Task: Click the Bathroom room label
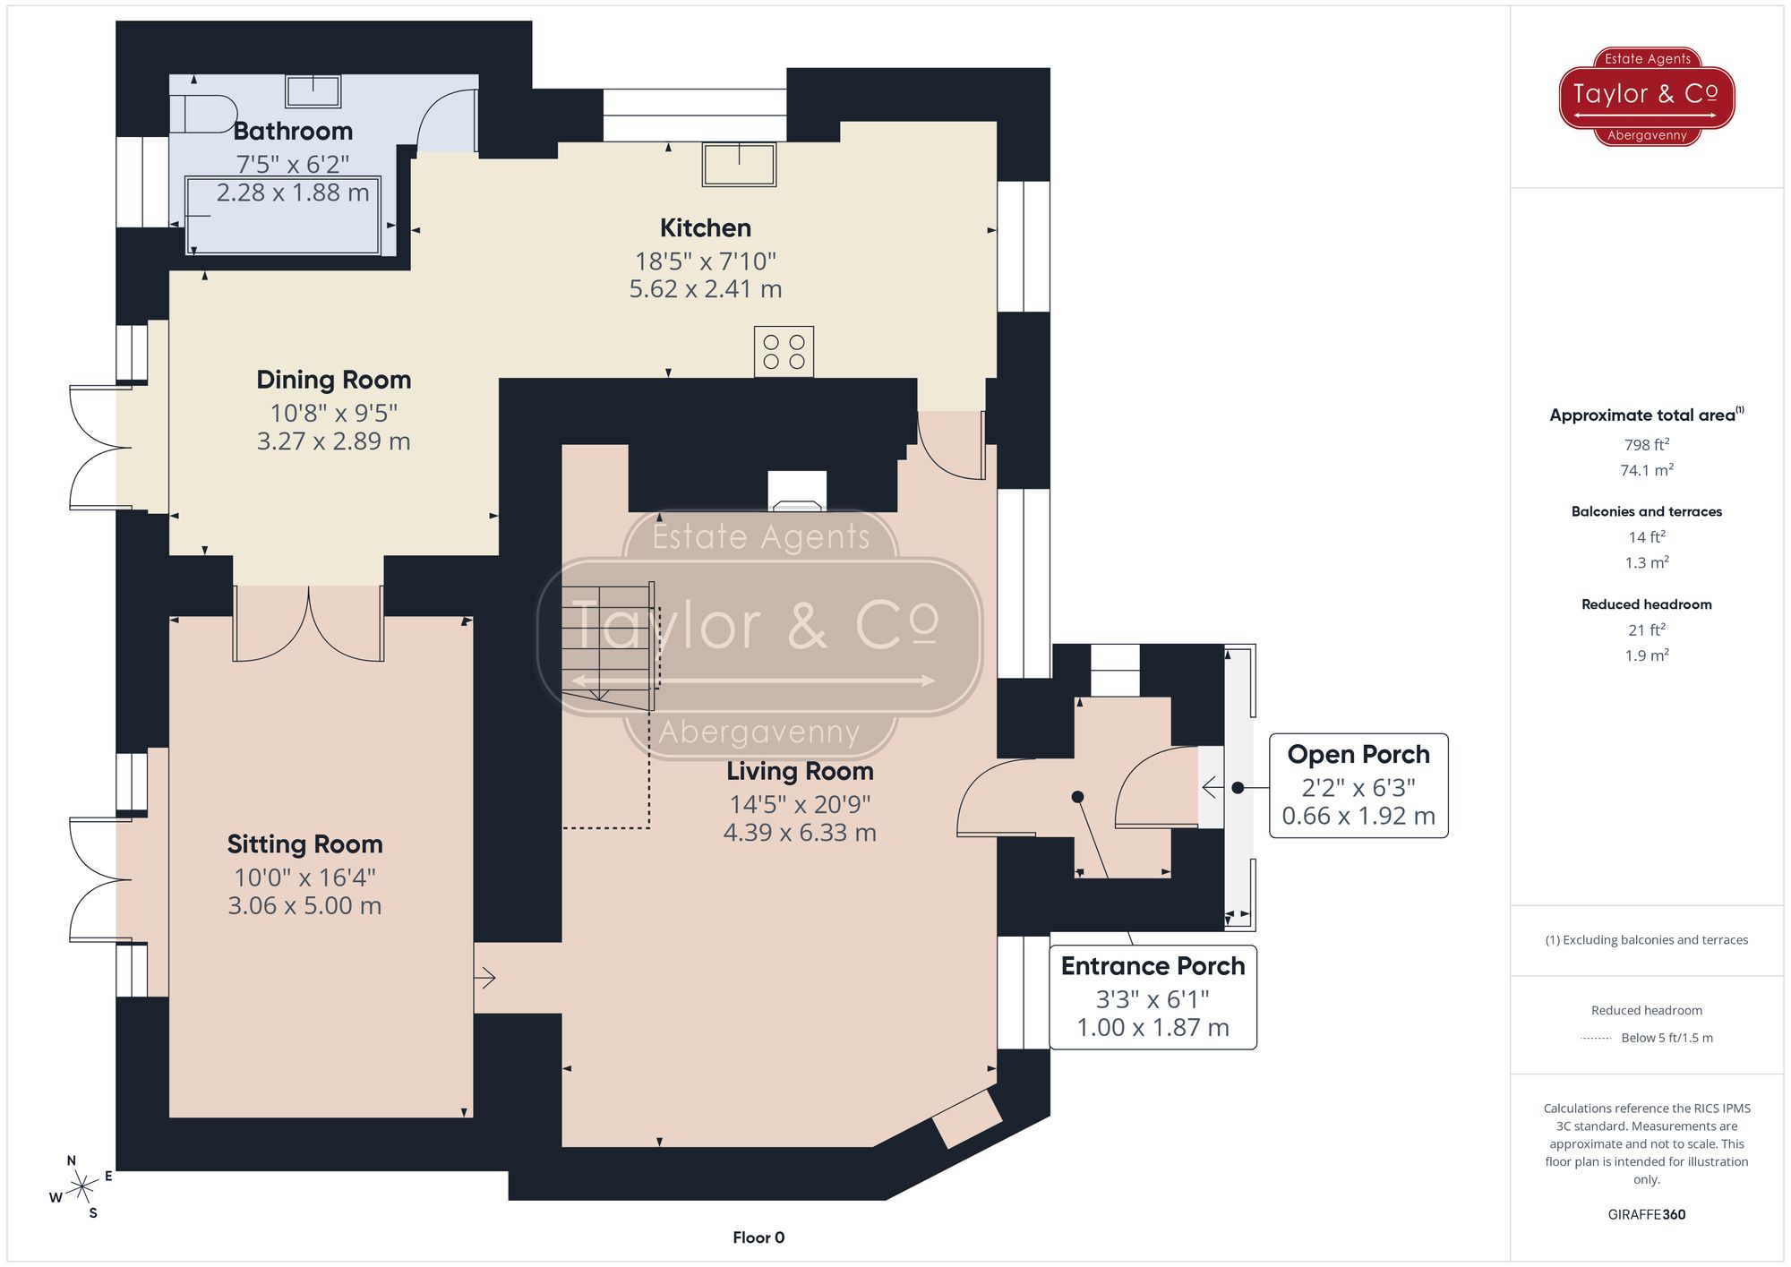293,132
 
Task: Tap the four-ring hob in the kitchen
784,351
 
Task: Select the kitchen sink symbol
739,164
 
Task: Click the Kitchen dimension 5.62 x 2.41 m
706,289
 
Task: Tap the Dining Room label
333,380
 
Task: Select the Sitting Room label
304,844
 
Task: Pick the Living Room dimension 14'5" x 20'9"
799,804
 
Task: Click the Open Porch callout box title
1358,755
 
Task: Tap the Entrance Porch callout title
1153,966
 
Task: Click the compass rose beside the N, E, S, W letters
82,1188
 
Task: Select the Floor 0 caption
758,1237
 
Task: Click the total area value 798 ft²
1646,445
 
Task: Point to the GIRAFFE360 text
1646,1215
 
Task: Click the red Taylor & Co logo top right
1646,96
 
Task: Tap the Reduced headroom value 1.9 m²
1646,655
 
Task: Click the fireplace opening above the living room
796,492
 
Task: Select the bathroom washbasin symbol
313,91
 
